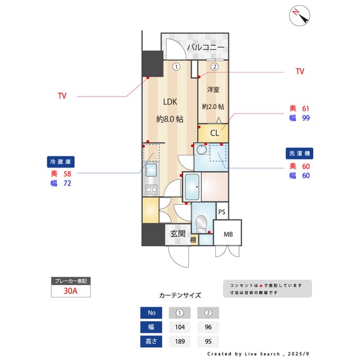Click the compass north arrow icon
(299, 16)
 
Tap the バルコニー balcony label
(206, 47)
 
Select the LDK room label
(170, 102)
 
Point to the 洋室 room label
(213, 89)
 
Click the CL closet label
(214, 133)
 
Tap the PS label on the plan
(222, 212)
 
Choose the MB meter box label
(228, 235)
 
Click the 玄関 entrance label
(178, 234)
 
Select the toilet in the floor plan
(201, 224)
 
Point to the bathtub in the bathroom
(192, 187)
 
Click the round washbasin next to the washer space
(201, 150)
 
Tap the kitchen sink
(151, 169)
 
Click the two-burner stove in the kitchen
(151, 190)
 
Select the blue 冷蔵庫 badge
(61, 162)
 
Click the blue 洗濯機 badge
(299, 154)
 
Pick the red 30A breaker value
(70, 291)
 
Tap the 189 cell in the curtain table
(180, 341)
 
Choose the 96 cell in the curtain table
(208, 327)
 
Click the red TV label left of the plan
(62, 96)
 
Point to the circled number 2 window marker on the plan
(214, 67)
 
